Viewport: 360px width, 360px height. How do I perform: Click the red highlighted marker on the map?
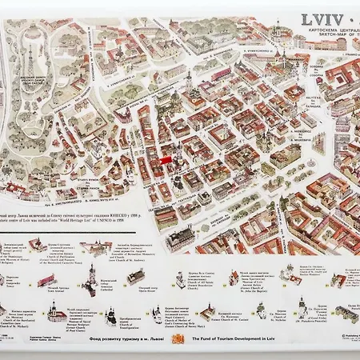[x=166, y=159]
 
